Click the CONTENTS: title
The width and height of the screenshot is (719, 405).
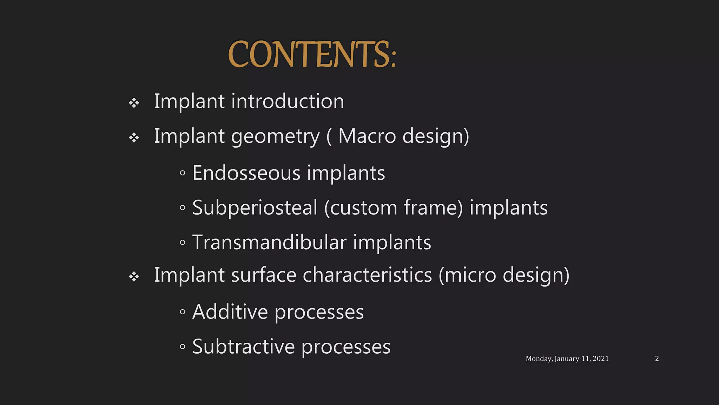pos(312,54)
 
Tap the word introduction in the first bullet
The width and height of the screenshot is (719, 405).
pos(288,101)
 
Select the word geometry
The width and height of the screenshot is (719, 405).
pos(275,136)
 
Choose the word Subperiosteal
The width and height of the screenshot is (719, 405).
pos(255,208)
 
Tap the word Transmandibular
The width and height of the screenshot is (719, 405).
pos(269,242)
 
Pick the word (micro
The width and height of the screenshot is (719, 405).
pos(467,275)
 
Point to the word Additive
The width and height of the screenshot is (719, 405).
pos(230,312)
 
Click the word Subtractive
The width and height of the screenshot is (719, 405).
pos(243,347)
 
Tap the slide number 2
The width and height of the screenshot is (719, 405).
pos(657,359)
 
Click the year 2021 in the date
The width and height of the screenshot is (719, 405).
pos(600,359)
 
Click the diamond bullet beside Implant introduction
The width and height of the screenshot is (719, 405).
pos(134,103)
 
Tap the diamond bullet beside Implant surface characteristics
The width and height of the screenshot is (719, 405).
pos(134,277)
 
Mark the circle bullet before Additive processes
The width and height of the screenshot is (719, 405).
pos(182,312)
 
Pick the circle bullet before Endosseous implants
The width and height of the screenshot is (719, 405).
pos(182,173)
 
